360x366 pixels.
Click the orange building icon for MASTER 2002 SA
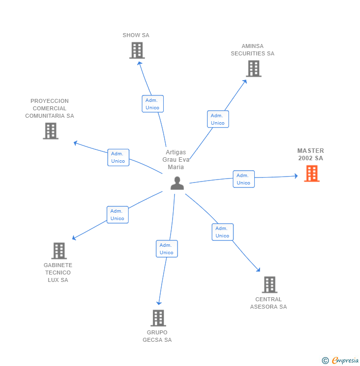[x=312, y=174]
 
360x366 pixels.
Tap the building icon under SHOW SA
[x=137, y=50]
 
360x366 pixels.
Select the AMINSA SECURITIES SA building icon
[x=254, y=69]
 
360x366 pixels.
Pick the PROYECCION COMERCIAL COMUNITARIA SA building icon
[x=50, y=131]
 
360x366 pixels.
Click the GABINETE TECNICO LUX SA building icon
[x=59, y=251]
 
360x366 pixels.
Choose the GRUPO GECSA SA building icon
[x=158, y=318]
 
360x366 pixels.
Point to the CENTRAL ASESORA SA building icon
[x=269, y=284]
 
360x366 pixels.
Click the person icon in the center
[x=177, y=183]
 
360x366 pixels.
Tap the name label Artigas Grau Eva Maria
[x=176, y=160]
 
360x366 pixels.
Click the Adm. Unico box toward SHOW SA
[x=152, y=104]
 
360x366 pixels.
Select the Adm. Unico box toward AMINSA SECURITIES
[x=218, y=119]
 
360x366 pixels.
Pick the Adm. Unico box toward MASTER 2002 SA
[x=243, y=179]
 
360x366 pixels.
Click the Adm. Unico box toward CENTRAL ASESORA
[x=223, y=232]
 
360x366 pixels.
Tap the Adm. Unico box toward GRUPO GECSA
[x=167, y=249]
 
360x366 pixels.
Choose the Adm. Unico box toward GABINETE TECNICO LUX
[x=117, y=215]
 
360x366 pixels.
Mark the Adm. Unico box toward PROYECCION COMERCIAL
[x=118, y=157]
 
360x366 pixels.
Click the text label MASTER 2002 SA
[x=311, y=154]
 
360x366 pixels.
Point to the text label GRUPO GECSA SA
[x=157, y=336]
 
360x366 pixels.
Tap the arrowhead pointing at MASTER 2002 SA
[x=296, y=176]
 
